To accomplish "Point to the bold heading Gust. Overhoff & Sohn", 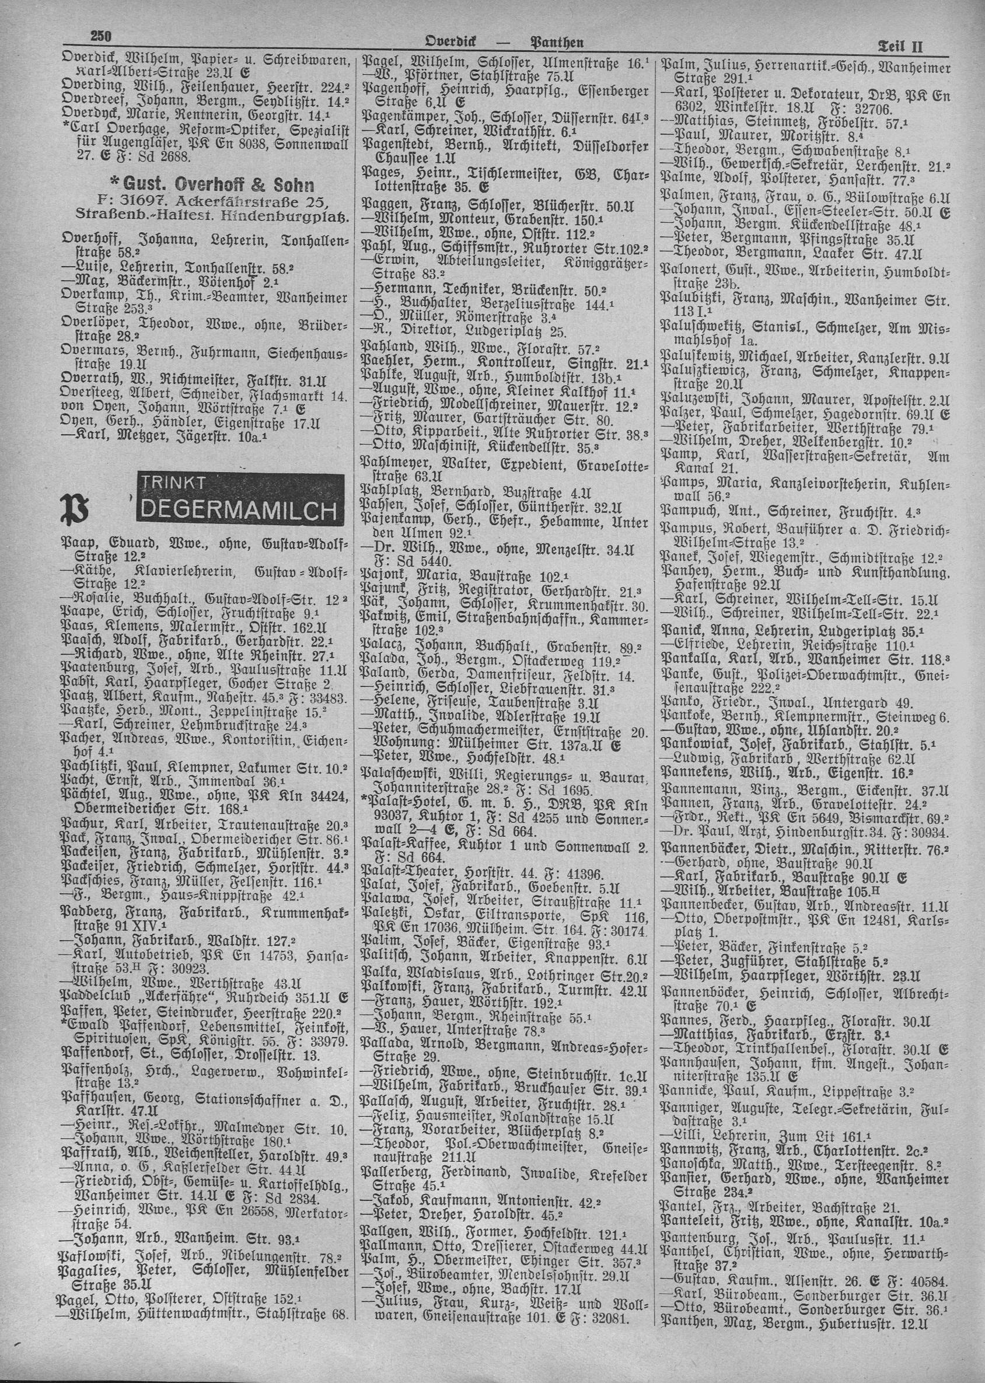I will click(209, 184).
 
